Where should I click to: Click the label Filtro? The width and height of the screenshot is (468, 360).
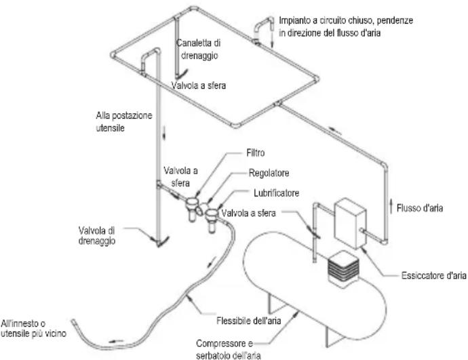click(x=256, y=153)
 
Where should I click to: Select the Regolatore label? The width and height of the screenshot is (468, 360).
click(x=269, y=173)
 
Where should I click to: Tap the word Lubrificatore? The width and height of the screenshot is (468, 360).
click(x=276, y=193)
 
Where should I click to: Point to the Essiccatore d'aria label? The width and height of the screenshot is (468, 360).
click(x=433, y=275)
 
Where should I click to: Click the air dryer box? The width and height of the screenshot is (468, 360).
click(x=350, y=224)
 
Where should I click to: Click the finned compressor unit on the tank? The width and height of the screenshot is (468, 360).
click(x=343, y=268)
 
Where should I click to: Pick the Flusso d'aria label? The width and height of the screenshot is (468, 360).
click(x=420, y=208)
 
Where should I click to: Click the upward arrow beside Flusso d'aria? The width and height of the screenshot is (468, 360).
click(x=391, y=207)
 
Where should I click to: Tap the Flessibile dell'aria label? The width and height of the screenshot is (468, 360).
click(x=249, y=321)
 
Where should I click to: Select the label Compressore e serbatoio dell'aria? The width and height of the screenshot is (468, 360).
click(x=229, y=350)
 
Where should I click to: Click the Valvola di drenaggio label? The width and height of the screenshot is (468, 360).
click(x=97, y=235)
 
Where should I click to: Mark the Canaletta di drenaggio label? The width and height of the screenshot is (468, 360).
click(x=199, y=49)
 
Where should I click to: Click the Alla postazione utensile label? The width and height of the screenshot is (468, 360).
click(x=124, y=121)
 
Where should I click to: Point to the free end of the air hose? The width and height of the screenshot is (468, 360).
click(x=73, y=321)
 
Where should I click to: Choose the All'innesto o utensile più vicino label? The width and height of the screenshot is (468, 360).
click(x=33, y=328)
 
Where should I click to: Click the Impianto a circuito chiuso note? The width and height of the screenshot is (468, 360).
click(x=346, y=26)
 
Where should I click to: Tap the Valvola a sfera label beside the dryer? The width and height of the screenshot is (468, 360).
click(x=249, y=213)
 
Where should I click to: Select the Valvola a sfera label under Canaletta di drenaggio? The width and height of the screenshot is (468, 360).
click(x=199, y=85)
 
